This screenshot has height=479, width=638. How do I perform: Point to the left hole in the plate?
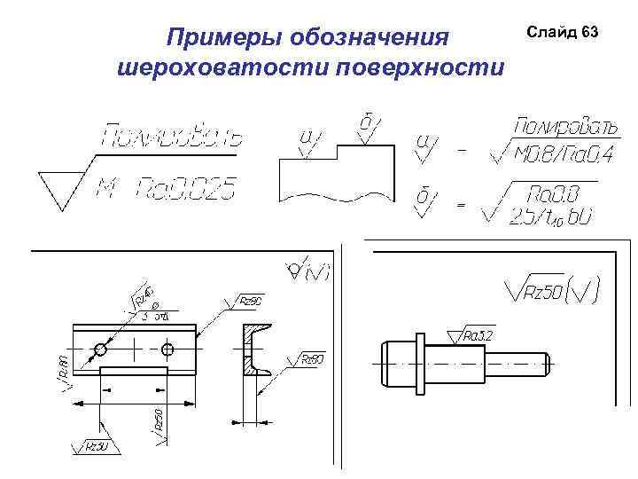(x=102, y=349)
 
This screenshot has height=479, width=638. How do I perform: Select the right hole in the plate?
(x=167, y=349)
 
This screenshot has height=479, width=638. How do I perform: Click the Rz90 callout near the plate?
(x=252, y=302)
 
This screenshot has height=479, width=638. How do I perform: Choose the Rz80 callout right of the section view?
(x=313, y=359)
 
